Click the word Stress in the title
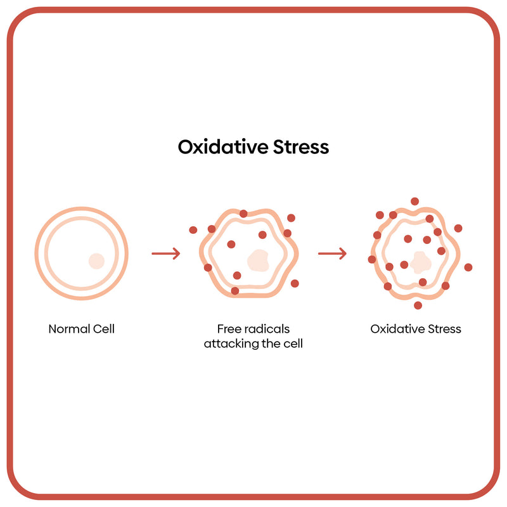[300, 147]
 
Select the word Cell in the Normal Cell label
[103, 329]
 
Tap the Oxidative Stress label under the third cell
[416, 329]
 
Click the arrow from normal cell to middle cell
[165, 254]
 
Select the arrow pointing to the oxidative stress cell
[332, 254]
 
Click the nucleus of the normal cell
[96, 260]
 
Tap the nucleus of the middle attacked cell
[258, 260]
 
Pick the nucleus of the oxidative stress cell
[419, 261]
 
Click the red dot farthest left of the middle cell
[193, 229]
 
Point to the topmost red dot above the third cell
[414, 202]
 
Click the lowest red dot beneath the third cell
[418, 305]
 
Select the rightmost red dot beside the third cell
[468, 267]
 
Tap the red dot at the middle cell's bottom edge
[235, 291]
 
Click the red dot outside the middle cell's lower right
[295, 283]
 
